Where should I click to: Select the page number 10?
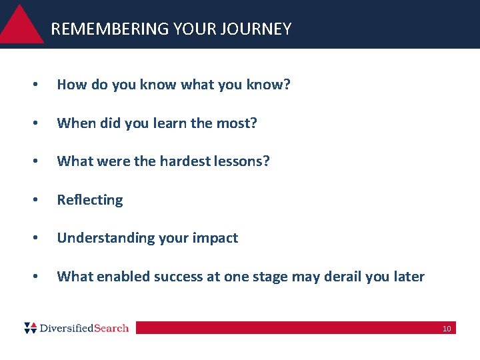coord(447,329)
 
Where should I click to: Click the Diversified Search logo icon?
coord(31,328)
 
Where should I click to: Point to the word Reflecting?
coord(90,200)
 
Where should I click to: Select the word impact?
coord(216,238)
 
